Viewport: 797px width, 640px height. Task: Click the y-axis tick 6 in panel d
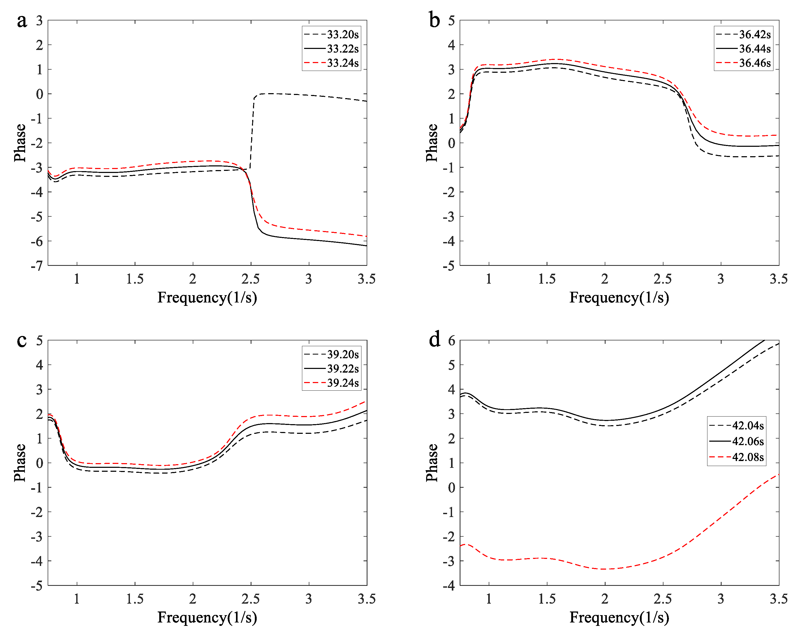(x=451, y=340)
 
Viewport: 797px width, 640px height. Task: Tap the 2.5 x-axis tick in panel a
(x=251, y=279)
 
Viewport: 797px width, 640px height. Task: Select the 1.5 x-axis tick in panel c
(x=135, y=599)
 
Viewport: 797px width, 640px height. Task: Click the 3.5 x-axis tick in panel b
(x=778, y=279)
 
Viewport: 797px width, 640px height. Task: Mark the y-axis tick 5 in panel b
(x=451, y=21)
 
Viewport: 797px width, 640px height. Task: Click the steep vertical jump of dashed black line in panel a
(x=252, y=133)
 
